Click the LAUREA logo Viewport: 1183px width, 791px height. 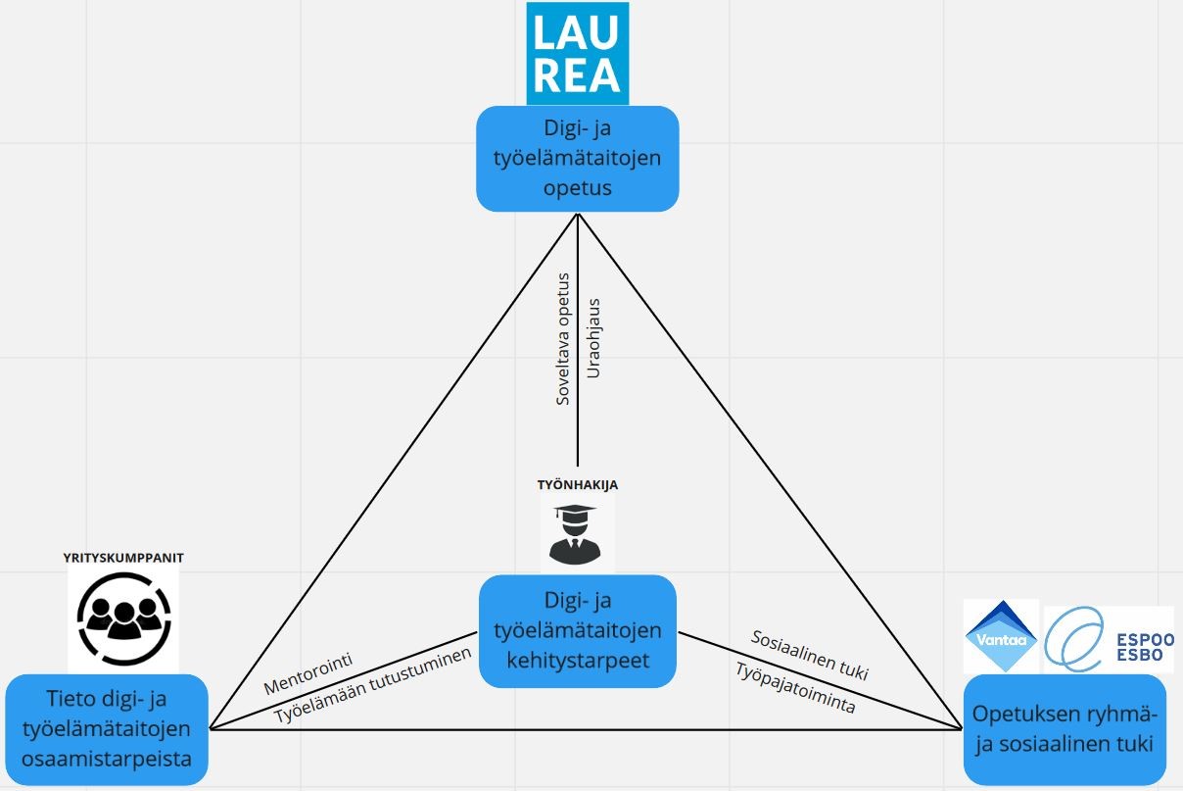[x=577, y=53]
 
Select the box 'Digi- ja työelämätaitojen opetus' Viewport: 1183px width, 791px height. [x=578, y=158]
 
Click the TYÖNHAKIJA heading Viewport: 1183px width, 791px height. [x=578, y=484]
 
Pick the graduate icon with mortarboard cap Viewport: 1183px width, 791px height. [x=577, y=533]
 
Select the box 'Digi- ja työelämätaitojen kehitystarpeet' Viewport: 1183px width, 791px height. [x=578, y=629]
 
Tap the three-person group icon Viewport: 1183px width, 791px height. [x=123, y=618]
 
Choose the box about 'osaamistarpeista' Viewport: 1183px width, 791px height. [x=107, y=728]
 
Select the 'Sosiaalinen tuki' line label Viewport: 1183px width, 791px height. [x=809, y=655]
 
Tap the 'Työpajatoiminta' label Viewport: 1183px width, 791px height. [x=794, y=688]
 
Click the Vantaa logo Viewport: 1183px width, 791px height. [x=1001, y=636]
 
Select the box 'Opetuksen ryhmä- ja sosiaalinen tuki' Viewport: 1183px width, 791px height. [x=1064, y=728]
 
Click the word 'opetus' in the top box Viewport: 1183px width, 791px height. [x=578, y=187]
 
